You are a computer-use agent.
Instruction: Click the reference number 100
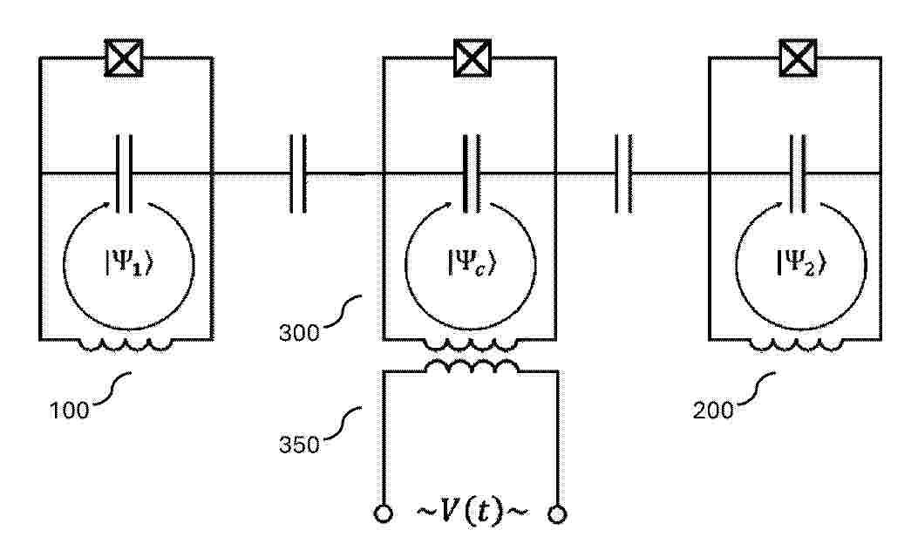click(x=69, y=411)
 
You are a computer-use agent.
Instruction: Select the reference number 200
click(x=713, y=411)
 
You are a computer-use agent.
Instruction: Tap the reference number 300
click(x=299, y=333)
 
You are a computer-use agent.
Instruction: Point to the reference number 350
click(x=299, y=445)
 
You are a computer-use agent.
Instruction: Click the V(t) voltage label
click(x=472, y=512)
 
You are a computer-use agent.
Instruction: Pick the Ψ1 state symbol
click(x=130, y=263)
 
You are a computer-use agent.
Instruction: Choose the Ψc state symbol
click(x=472, y=262)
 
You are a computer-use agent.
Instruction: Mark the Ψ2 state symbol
click(x=801, y=262)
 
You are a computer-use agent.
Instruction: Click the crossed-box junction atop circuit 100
click(x=124, y=58)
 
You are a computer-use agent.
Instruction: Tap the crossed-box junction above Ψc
click(x=473, y=58)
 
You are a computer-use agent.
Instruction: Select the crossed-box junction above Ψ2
click(x=798, y=58)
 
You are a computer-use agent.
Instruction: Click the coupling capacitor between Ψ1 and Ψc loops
click(x=298, y=173)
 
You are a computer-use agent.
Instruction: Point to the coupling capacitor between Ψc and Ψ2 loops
click(x=624, y=173)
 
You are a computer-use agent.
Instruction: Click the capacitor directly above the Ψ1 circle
click(x=124, y=173)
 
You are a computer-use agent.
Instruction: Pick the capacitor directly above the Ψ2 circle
click(x=798, y=173)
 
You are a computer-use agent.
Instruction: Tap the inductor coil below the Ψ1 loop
click(x=126, y=345)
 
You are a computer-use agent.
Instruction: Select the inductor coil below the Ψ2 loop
click(x=797, y=345)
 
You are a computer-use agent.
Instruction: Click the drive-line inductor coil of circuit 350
click(x=472, y=367)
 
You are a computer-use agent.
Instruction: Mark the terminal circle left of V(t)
click(x=383, y=513)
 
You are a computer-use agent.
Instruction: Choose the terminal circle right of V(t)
click(x=557, y=513)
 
